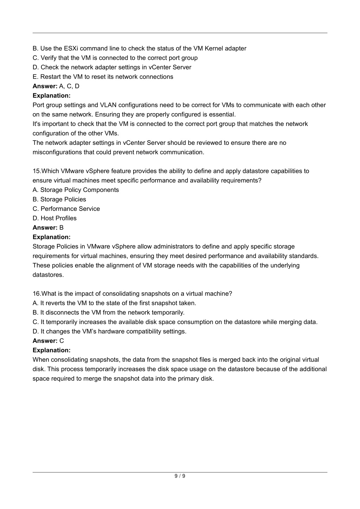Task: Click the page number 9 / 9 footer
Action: coord(180,476)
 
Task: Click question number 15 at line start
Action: coord(37,171)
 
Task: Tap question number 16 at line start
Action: coord(37,294)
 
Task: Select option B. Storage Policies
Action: coord(59,199)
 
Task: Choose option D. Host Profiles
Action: coord(54,218)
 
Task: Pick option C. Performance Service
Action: coord(66,209)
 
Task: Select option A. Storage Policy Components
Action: coord(76,190)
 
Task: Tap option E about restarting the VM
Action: coord(103,77)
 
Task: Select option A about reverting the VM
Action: coord(114,303)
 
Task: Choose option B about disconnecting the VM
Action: coord(108,313)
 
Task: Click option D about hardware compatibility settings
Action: coord(109,331)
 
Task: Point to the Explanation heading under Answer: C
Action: coord(52,350)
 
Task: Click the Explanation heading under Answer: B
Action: coord(52,237)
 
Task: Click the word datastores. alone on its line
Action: coord(49,275)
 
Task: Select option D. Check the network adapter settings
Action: coord(112,67)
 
